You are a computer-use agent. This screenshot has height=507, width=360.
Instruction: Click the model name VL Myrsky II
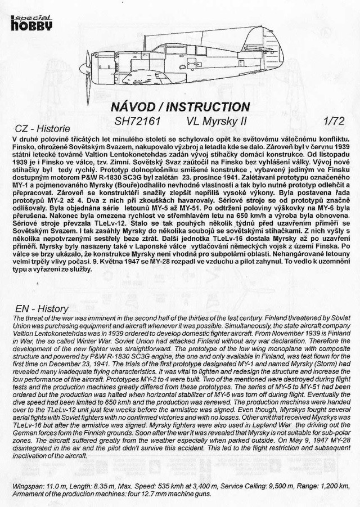(221, 120)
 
